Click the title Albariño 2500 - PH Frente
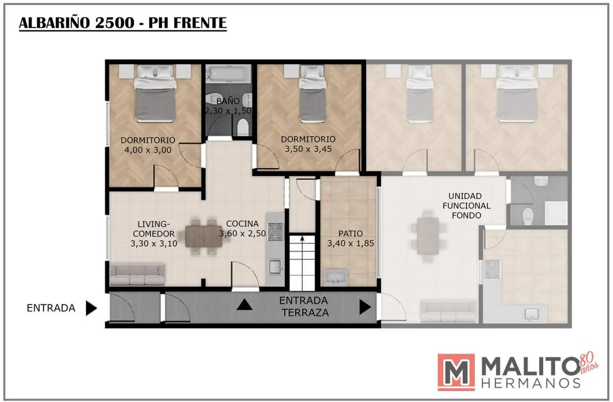pos(123,23)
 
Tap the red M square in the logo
pos(456,372)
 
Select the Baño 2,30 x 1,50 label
pos(228,106)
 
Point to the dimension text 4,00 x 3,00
pos(148,150)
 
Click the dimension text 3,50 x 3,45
pos(308,149)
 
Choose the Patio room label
pos(350,234)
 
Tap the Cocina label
pos(242,224)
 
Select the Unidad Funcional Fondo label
pos(466,206)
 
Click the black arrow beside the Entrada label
pos(91,308)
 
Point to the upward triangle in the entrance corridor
pos(244,304)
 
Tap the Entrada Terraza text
pos(304,307)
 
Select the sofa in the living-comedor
pos(137,274)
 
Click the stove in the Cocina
pos(275,232)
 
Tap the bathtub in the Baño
pos(228,73)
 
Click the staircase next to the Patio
pos(302,262)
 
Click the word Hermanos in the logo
pos(531,383)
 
